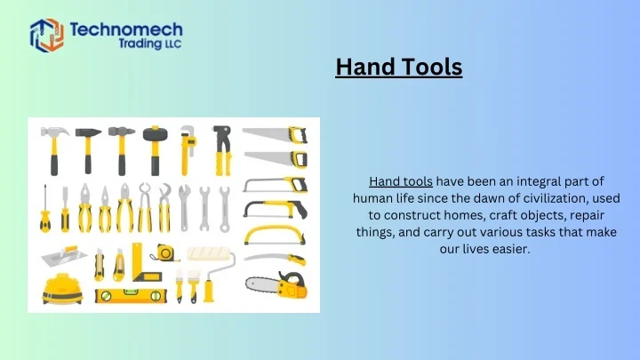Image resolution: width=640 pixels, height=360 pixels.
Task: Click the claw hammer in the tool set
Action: coord(54,148)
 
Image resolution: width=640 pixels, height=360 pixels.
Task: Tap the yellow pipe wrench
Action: coord(187,148)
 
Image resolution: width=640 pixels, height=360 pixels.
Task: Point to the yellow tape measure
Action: coord(165,252)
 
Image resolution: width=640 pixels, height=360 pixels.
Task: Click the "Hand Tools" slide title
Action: coord(399,67)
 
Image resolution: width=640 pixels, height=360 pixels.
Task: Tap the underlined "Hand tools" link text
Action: coord(400,181)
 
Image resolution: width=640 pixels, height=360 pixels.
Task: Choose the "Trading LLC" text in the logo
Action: coord(149,46)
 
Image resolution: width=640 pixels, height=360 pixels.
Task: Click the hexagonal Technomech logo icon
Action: coord(47,36)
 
